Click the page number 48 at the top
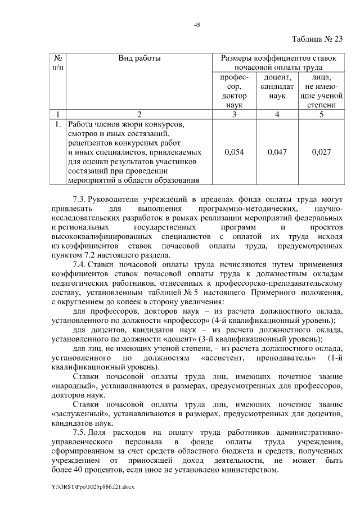pos(181,24)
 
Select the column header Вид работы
pos(139,58)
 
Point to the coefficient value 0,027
pos(321,152)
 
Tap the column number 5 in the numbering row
pos(321,115)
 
